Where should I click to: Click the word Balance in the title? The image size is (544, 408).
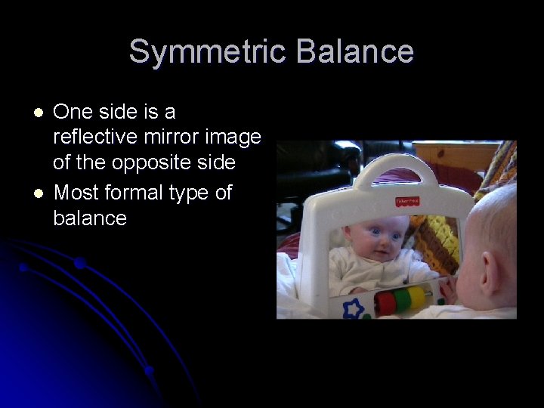point(355,52)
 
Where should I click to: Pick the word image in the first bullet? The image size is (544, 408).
point(233,138)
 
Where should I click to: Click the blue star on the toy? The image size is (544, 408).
point(352,308)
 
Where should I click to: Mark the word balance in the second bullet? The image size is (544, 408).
point(90,219)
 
